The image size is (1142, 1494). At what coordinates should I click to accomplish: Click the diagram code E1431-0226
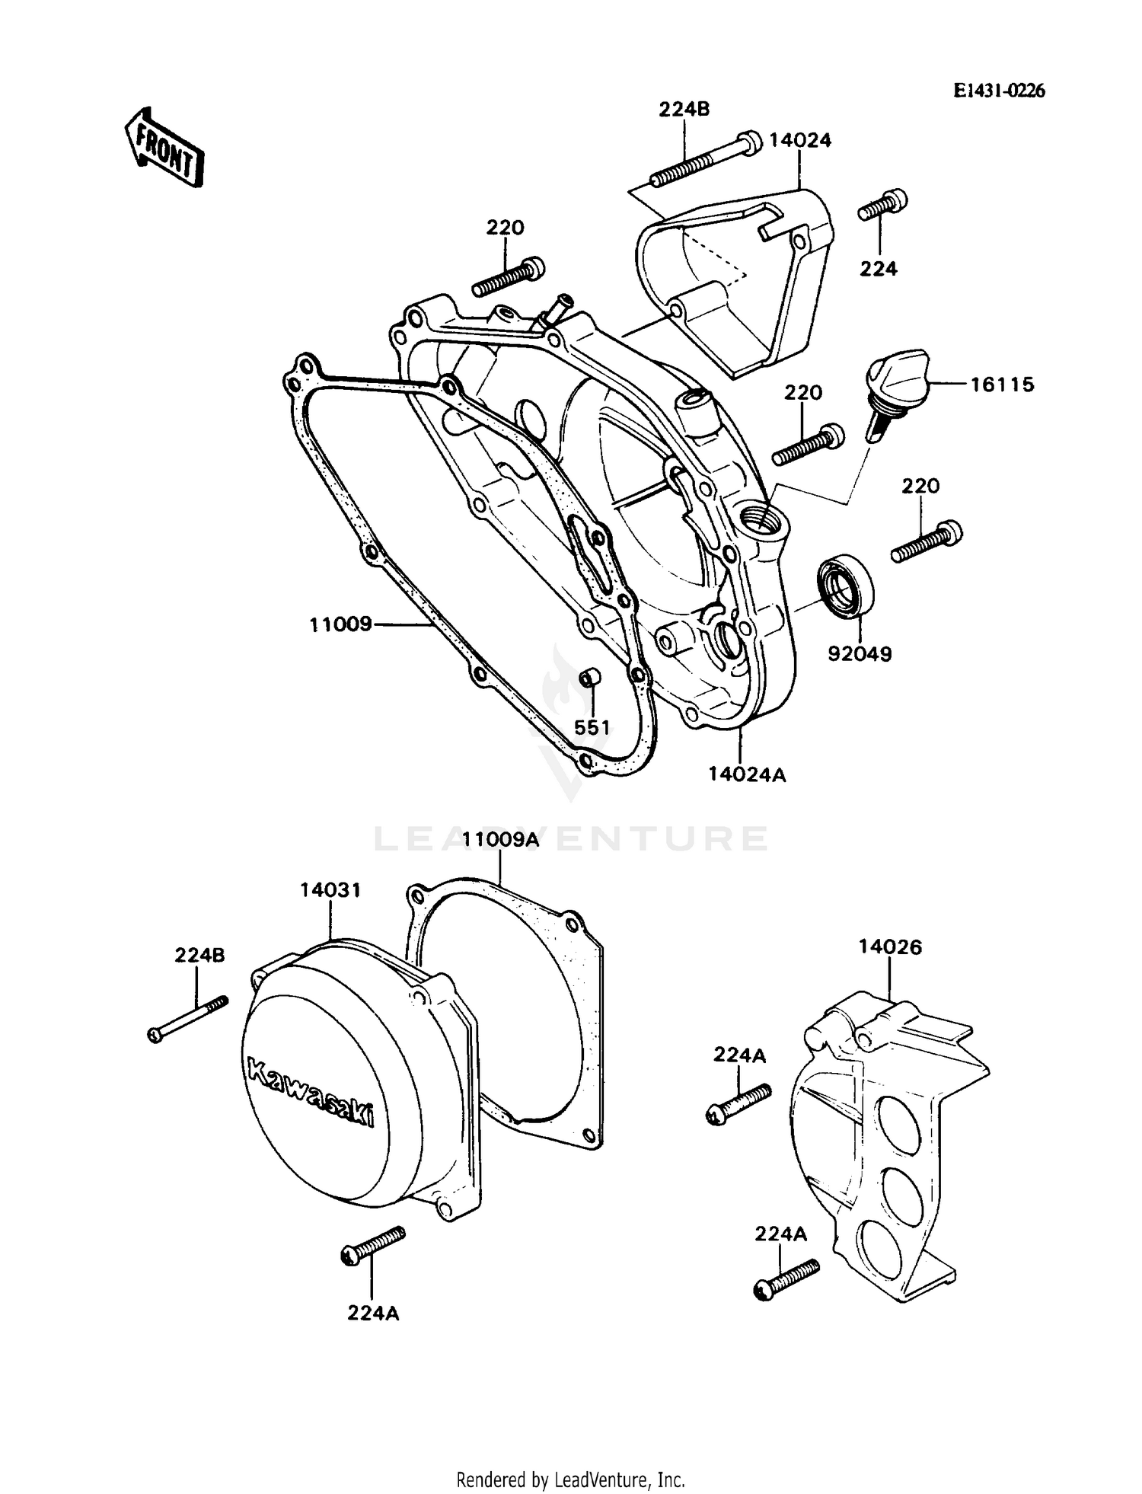coord(1000,91)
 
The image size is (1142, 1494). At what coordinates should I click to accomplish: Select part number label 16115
coord(1002,385)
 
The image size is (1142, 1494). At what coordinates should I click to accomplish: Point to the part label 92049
coord(860,653)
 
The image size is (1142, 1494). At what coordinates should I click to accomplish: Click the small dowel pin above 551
coord(591,677)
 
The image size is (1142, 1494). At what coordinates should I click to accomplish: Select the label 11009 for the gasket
coord(340,624)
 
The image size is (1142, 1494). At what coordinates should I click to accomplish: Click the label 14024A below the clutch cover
coord(747,774)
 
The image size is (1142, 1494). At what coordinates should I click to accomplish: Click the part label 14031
coord(330,889)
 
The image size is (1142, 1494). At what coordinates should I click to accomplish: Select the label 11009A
coord(501,840)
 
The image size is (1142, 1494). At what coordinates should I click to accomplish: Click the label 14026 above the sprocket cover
coord(890,947)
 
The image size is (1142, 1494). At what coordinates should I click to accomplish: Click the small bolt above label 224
coord(883,204)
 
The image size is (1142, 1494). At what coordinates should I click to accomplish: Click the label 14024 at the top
coord(800,140)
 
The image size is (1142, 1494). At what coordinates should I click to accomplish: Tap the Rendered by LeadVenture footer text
coord(570,1480)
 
